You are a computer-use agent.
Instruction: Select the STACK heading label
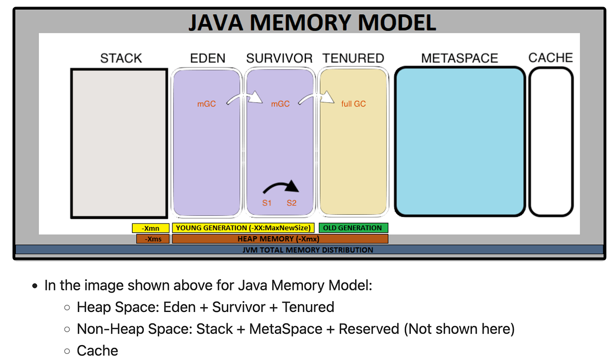(x=121, y=58)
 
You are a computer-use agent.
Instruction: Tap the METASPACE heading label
(x=459, y=58)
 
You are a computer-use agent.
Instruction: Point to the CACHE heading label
(x=550, y=57)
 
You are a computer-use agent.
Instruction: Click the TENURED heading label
(x=353, y=58)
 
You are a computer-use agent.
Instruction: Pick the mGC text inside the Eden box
(x=206, y=104)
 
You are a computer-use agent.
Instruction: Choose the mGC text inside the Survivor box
(x=280, y=104)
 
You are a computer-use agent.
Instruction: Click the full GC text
(x=353, y=104)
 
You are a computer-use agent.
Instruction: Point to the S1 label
(x=267, y=203)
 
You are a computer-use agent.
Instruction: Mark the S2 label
(x=291, y=203)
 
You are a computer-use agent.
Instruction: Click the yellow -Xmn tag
(x=150, y=228)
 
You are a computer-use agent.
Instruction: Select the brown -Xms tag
(x=152, y=239)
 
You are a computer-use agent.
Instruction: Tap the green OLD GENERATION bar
(x=353, y=228)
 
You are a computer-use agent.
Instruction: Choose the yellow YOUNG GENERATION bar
(x=243, y=228)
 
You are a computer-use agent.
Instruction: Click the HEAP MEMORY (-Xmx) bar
(x=280, y=239)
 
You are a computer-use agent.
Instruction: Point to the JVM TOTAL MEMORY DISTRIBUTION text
(x=308, y=250)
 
